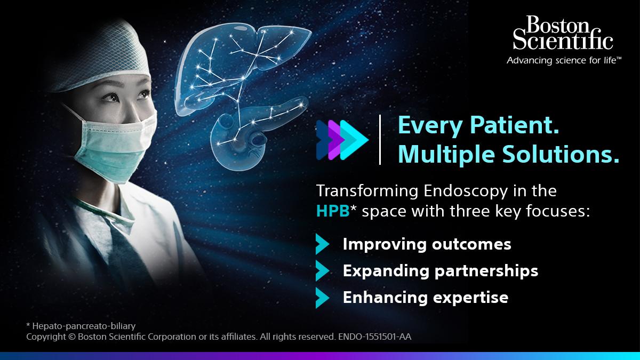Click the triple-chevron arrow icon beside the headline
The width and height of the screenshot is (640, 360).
coord(342,140)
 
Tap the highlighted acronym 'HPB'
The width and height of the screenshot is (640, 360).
coord(332,212)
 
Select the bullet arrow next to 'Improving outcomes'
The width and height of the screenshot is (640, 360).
coord(322,244)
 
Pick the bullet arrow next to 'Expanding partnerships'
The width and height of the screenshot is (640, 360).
coord(322,271)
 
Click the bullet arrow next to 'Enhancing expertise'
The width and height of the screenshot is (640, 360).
coord(322,298)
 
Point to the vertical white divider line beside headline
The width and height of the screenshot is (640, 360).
coord(380,140)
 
